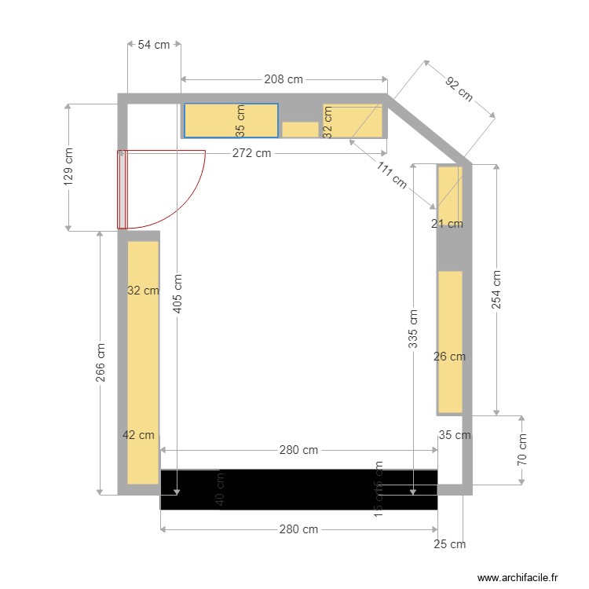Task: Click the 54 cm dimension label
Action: [154, 45]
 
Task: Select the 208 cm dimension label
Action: [284, 79]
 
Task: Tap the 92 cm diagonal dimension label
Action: [459, 89]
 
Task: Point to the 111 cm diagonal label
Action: [391, 175]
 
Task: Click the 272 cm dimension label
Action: [251, 153]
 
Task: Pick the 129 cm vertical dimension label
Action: [68, 167]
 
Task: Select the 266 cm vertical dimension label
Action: [101, 363]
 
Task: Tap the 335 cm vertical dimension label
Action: [413, 327]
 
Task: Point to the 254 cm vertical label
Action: [496, 290]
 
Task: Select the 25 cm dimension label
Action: [451, 543]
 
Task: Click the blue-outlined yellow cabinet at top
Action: [231, 120]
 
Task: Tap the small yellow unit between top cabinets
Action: [299, 130]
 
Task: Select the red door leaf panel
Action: [122, 189]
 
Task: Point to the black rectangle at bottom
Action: [298, 489]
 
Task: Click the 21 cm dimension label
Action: [447, 224]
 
